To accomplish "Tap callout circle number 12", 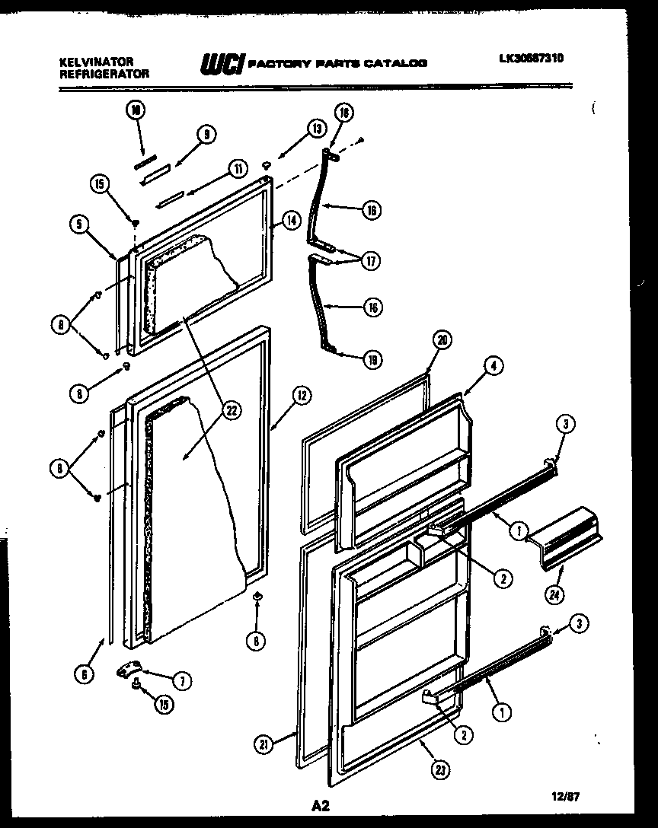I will (x=302, y=394).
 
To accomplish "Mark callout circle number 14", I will (x=290, y=221).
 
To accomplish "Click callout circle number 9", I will (x=205, y=134).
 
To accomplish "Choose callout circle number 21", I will (x=264, y=746).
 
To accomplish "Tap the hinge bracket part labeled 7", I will (x=130, y=669).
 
